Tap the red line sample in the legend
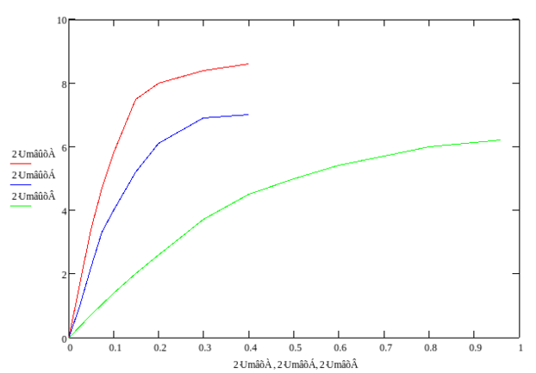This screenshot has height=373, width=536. click(21, 163)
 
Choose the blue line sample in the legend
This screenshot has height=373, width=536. click(21, 184)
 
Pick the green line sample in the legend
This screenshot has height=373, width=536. click(21, 206)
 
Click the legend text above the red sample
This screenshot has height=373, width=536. click(33, 153)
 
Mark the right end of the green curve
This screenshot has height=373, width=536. click(501, 140)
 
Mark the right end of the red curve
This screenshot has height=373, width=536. click(249, 64)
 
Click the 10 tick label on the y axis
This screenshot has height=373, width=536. click(62, 19)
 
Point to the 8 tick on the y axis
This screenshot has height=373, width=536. click(64, 84)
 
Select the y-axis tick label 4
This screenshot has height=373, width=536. click(64, 211)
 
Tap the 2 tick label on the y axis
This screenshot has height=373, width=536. click(64, 275)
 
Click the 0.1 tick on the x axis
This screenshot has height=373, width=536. click(114, 347)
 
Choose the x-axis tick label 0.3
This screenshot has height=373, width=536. click(204, 347)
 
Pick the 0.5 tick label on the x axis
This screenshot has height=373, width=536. click(295, 347)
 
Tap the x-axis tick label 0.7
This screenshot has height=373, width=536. click(385, 347)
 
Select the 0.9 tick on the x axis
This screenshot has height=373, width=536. click(475, 347)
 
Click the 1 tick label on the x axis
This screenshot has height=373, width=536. click(520, 347)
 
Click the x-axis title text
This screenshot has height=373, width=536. click(295, 364)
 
